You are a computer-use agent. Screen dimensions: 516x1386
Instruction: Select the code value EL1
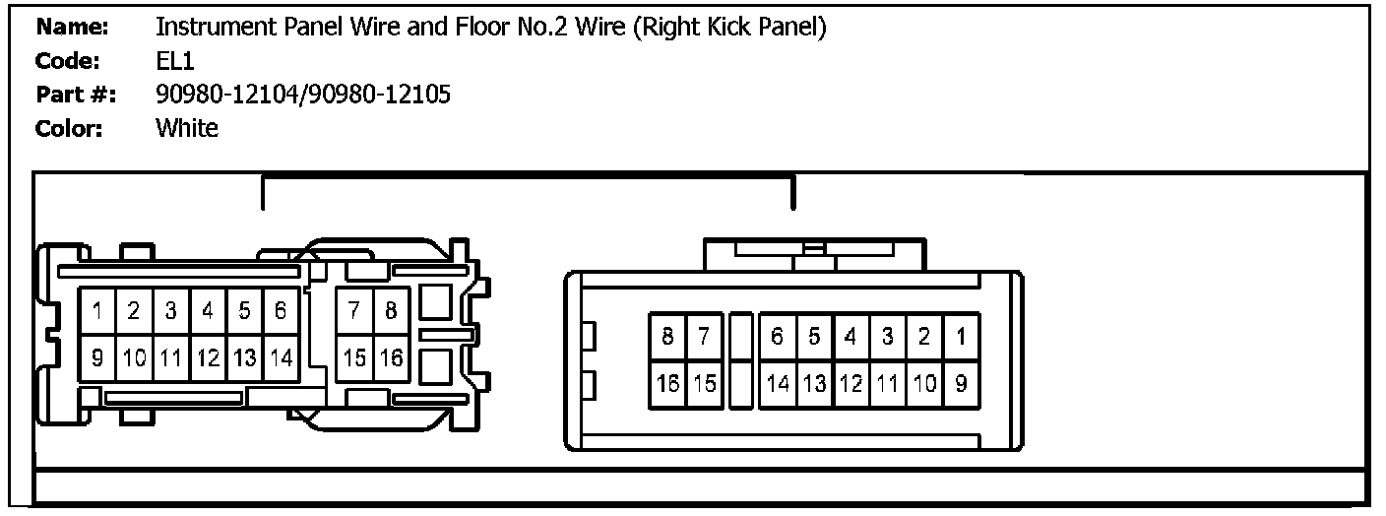pyautogui.click(x=176, y=61)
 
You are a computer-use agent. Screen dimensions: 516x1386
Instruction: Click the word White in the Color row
pyautogui.click(x=187, y=128)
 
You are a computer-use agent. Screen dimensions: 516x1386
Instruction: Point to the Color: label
pyautogui.click(x=69, y=128)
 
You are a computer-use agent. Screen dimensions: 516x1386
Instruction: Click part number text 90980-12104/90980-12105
pyautogui.click(x=303, y=95)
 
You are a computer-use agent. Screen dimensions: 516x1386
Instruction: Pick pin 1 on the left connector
pyautogui.click(x=98, y=312)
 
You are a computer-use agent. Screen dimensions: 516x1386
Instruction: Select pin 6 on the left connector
pyautogui.click(x=281, y=312)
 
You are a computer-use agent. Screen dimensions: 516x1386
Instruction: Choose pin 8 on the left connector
pyautogui.click(x=391, y=312)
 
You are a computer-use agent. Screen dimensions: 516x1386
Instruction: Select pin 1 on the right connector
pyautogui.click(x=960, y=337)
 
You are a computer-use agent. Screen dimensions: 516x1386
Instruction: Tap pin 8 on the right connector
pyautogui.click(x=667, y=337)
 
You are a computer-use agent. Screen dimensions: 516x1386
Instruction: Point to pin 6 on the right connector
pyautogui.click(x=778, y=337)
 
